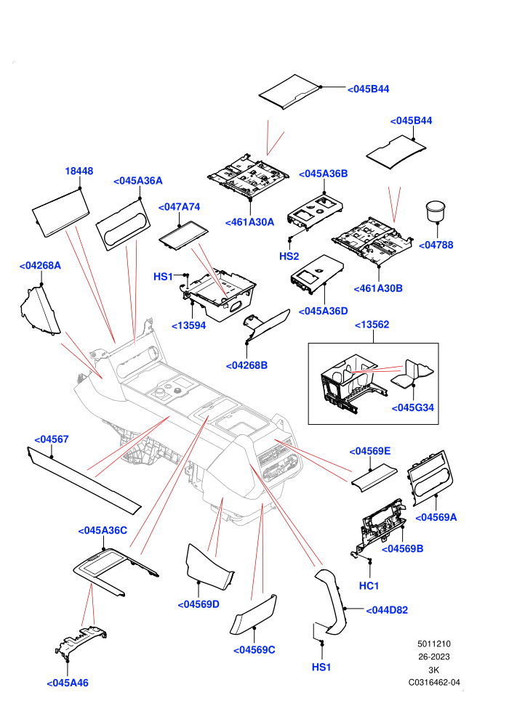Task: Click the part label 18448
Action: [79, 171]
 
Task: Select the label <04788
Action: [436, 245]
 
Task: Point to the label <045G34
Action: [412, 407]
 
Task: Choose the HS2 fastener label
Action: [289, 256]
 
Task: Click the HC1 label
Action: [369, 585]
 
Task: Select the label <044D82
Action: [387, 610]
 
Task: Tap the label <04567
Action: [52, 439]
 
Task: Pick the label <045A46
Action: [68, 683]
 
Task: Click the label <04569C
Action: [254, 650]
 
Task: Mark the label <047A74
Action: [179, 207]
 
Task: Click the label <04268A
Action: [40, 266]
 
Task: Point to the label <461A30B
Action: [378, 288]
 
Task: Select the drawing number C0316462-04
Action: [434, 682]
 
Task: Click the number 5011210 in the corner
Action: [434, 643]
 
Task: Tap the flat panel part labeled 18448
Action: [60, 214]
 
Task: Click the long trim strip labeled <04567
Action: [84, 480]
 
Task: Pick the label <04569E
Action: [370, 451]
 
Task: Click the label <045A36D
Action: [323, 311]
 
